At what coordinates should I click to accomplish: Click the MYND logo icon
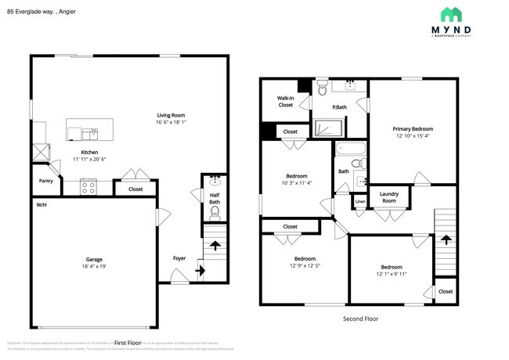[452, 14]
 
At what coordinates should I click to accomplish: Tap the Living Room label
[171, 115]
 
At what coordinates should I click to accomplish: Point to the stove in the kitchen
[88, 187]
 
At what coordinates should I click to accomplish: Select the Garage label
[94, 259]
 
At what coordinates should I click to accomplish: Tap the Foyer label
[179, 257]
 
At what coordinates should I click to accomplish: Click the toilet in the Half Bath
[215, 211]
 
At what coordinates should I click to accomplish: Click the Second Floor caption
[360, 319]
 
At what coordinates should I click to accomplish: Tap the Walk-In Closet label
[285, 101]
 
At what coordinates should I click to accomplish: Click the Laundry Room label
[388, 197]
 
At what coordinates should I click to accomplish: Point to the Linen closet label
[360, 203]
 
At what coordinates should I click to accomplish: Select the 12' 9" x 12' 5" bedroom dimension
[305, 265]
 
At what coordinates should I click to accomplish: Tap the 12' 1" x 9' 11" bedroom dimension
[391, 273]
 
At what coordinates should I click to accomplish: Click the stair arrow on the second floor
[446, 241]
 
